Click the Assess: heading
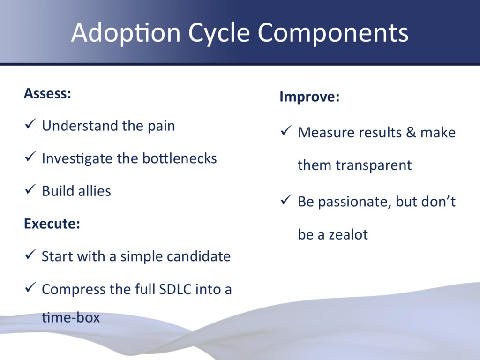[x=47, y=93]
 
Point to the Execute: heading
[x=52, y=224]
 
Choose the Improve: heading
[x=309, y=97]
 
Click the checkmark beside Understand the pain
[x=29, y=125]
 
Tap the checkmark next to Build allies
[x=29, y=190]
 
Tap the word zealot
[x=348, y=234]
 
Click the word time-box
[x=71, y=318]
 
